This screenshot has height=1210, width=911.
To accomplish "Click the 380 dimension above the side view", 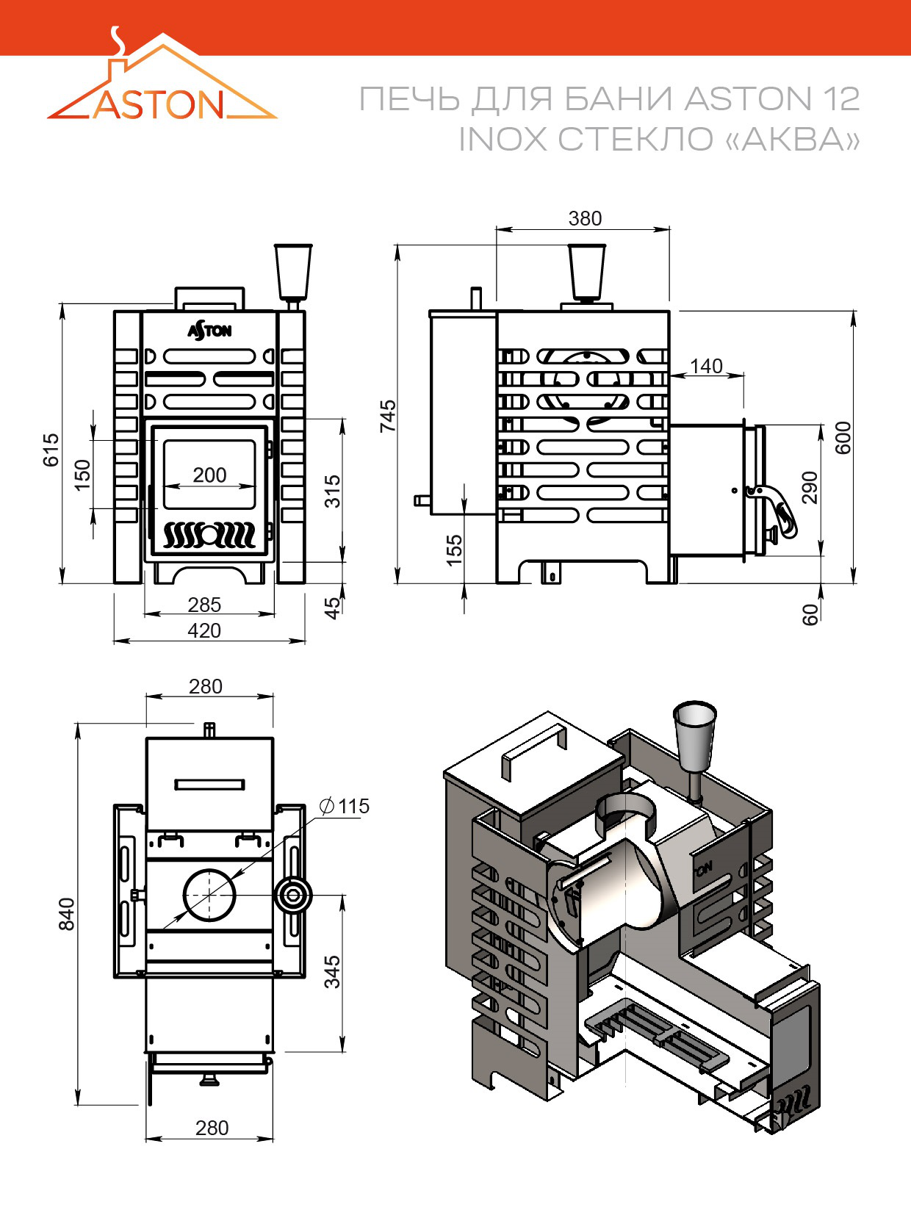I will pos(585,218).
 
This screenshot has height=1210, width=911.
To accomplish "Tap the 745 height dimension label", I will pos(387,415).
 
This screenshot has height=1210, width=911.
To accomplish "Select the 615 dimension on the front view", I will pos(51,449).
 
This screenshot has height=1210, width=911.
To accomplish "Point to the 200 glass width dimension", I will pos(209,475).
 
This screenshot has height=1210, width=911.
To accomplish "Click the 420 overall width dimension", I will pos(204,630).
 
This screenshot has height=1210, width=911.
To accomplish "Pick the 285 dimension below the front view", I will pos(204,605).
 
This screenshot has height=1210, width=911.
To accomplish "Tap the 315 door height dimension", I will pos(332,491).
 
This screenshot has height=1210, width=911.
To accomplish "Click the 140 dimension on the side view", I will pos(706,366).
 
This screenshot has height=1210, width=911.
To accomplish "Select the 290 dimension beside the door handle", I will pos(809,487).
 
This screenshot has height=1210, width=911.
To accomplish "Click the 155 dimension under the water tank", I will pos(454,550).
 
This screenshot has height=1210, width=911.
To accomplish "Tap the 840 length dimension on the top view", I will pos(66,913).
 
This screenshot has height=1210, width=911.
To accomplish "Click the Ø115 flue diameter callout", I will pos(345,807).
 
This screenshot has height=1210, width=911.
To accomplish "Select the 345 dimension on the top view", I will pos(332,971).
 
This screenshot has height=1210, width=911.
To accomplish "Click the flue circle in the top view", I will pos(209,894).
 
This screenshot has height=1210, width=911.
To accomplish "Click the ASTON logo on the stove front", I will pos(209,331).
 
